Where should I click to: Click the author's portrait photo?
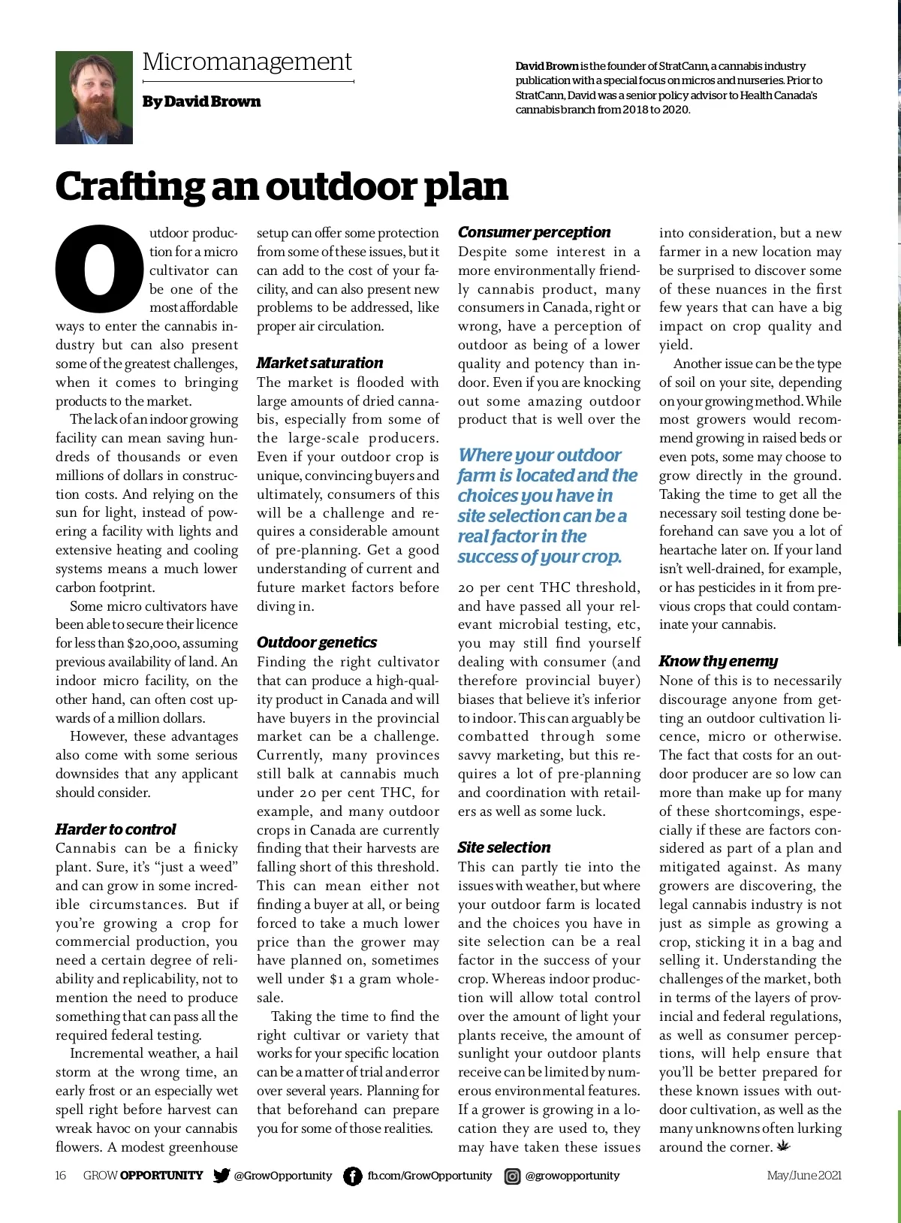(94, 98)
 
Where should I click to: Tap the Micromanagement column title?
(247, 62)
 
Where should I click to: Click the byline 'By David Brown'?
(201, 101)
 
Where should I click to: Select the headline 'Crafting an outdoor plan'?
(282, 186)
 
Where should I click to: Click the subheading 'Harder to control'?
(116, 829)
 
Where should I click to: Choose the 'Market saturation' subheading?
(319, 363)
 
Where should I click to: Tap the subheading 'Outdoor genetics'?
(316, 642)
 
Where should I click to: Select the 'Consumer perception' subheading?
(534, 232)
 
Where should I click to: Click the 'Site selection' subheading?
(504, 847)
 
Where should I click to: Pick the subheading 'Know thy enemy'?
(718, 661)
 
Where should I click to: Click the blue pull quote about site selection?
(547, 506)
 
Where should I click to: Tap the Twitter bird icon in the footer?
(221, 1176)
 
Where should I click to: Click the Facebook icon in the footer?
(352, 1176)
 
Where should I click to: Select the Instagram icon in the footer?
(512, 1176)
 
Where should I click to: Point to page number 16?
(61, 1176)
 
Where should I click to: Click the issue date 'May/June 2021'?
(803, 1176)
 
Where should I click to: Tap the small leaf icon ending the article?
(785, 1146)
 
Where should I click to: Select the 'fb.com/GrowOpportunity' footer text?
(429, 1176)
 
